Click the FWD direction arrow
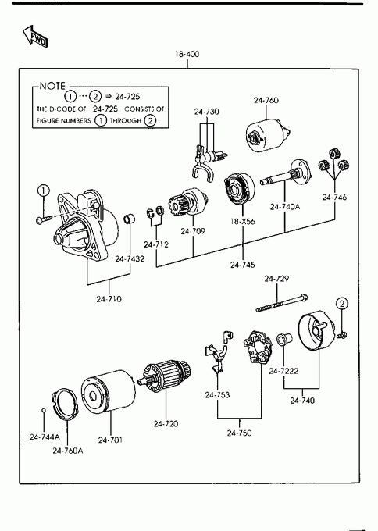[x=35, y=36]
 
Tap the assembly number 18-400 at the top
[x=187, y=54]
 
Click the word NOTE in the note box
[x=52, y=86]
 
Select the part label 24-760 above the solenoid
[x=266, y=100]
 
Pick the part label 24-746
[x=334, y=197]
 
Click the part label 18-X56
[x=243, y=222]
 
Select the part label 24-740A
[x=285, y=207]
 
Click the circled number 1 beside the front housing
[x=44, y=191]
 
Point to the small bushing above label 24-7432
[x=129, y=219]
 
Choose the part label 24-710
[x=109, y=299]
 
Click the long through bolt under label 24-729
[x=282, y=303]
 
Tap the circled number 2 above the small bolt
[x=342, y=304]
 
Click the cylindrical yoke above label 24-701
[x=109, y=391]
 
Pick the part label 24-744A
[x=45, y=437]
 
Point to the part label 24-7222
[x=283, y=371]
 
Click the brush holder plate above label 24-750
[x=258, y=347]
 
